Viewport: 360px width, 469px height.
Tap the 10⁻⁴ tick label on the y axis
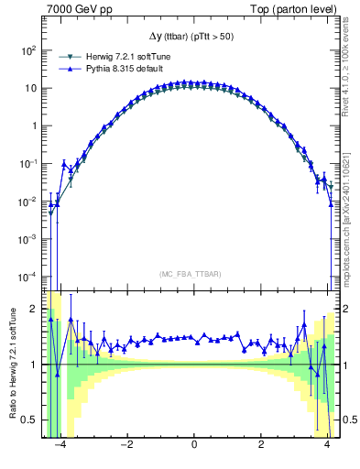[x=29, y=277]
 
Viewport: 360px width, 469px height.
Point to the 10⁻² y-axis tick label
[x=29, y=202]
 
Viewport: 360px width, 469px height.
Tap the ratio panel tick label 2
[x=36, y=309]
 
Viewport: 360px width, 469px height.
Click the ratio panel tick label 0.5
[x=32, y=420]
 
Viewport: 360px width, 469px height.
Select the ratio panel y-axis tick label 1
[x=36, y=365]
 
